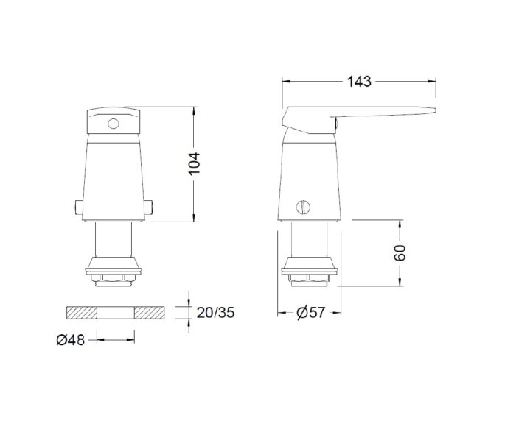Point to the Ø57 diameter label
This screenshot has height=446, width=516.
(310, 313)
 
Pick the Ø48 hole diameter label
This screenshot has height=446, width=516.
(72, 339)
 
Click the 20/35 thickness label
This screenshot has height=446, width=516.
(216, 313)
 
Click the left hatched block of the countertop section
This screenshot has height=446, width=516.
(82, 312)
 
